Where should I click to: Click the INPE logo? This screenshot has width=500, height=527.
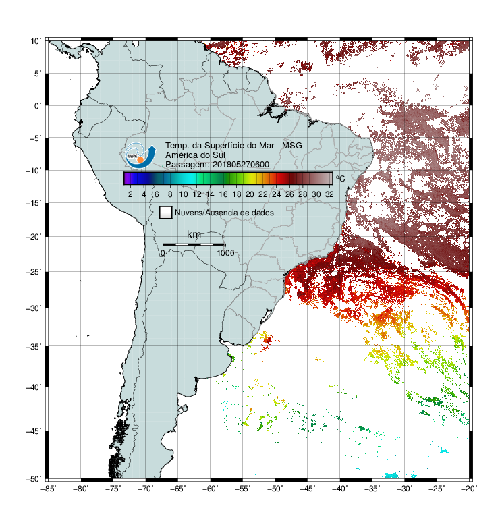pyautogui.click(x=140, y=155)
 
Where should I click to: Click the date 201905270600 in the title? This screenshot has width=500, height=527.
pyautogui.click(x=241, y=165)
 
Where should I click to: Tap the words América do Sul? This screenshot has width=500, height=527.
pyautogui.click(x=195, y=155)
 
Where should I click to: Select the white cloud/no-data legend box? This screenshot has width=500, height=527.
pyautogui.click(x=166, y=213)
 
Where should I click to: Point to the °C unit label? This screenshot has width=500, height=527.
pyautogui.click(x=340, y=179)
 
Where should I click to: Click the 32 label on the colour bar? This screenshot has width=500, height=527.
pyautogui.click(x=329, y=194)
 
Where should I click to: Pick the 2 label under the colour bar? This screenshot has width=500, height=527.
pyautogui.click(x=130, y=194)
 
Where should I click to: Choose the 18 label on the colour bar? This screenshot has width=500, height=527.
pyautogui.click(x=237, y=194)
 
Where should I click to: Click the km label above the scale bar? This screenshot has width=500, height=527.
pyautogui.click(x=194, y=234)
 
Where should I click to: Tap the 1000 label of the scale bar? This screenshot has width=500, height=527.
pyautogui.click(x=225, y=253)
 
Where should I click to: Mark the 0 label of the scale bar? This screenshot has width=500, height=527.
pyautogui.click(x=163, y=253)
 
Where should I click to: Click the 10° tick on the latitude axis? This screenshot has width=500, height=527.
pyautogui.click(x=36, y=41)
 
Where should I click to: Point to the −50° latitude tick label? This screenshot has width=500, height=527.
pyautogui.click(x=34, y=479)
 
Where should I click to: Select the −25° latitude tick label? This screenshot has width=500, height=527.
pyautogui.click(x=34, y=271)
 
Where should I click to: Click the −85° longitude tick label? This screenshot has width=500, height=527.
pyautogui.click(x=48, y=489)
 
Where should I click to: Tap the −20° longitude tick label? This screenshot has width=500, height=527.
pyautogui.click(x=469, y=489)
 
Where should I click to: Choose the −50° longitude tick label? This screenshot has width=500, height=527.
pyautogui.click(x=275, y=489)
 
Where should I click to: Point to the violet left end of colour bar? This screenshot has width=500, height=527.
pyautogui.click(x=126, y=178)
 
